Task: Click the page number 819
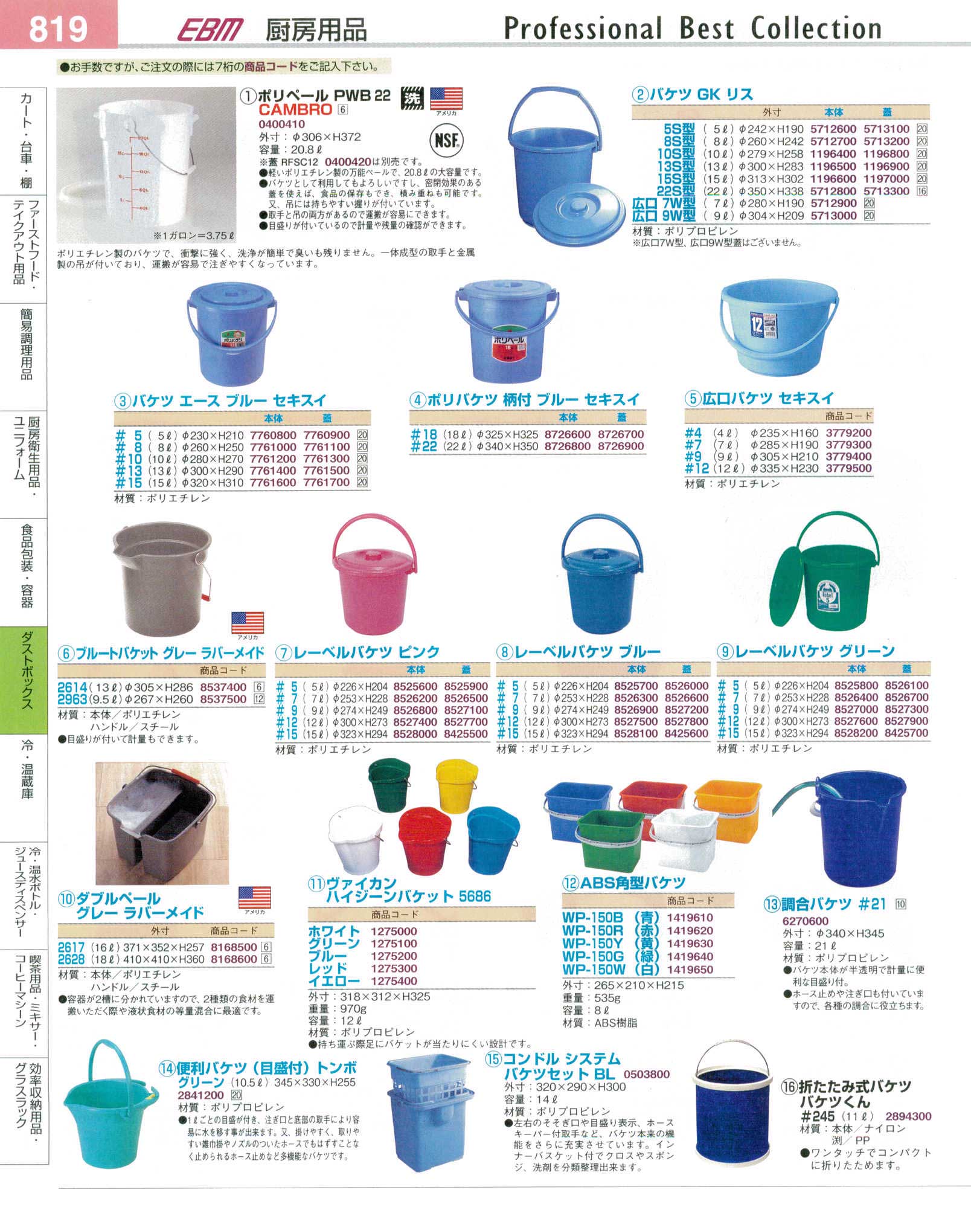pyautogui.click(x=58, y=27)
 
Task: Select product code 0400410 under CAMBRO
pyautogui.click(x=281, y=124)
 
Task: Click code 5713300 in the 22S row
pyautogui.click(x=886, y=191)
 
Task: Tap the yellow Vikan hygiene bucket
pyautogui.click(x=457, y=785)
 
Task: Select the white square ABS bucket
pyautogui.click(x=685, y=833)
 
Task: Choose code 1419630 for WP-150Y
pyautogui.click(x=690, y=944)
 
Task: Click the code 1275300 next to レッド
pyautogui.click(x=394, y=968)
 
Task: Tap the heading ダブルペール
pyautogui.click(x=118, y=898)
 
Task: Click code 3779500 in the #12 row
pyautogui.click(x=848, y=468)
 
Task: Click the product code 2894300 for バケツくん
pyautogui.click(x=908, y=1116)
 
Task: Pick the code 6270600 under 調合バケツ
pyautogui.click(x=805, y=921)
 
